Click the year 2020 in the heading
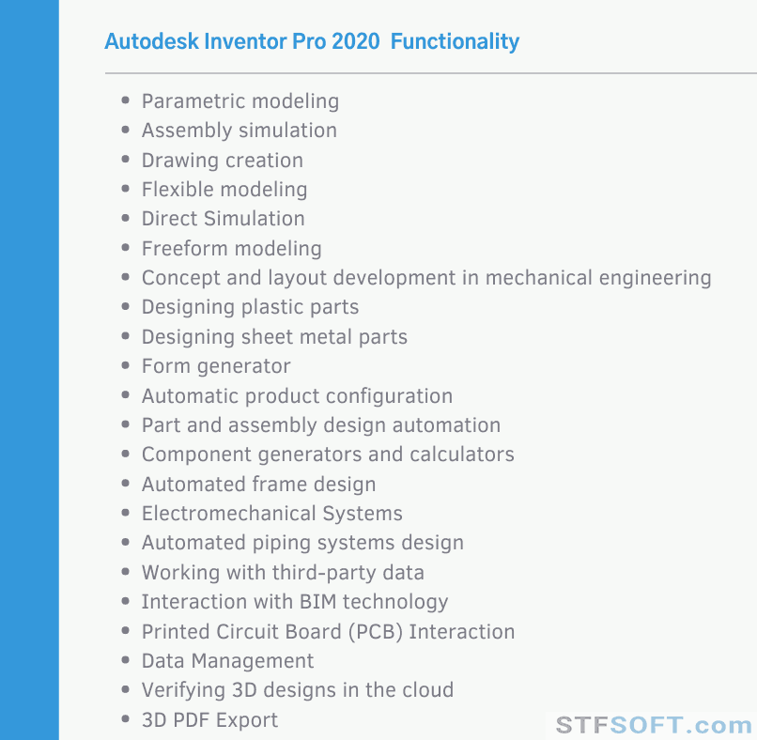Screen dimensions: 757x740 [356, 41]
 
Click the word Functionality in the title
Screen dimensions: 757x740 [455, 42]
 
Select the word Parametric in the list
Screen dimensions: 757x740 [193, 101]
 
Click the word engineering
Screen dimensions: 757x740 [656, 279]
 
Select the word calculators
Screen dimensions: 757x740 [462, 455]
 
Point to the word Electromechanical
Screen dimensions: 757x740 [229, 514]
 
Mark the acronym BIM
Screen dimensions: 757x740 [317, 602]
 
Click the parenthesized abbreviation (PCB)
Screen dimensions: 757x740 [376, 632]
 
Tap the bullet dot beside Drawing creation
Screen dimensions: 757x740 [126, 160]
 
